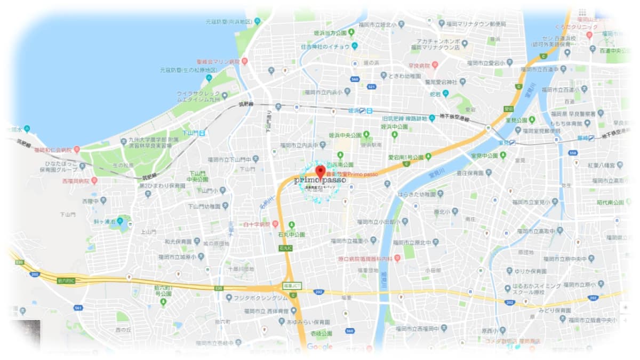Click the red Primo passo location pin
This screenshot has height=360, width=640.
click(320, 172)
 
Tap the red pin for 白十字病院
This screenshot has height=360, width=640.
click(276, 224)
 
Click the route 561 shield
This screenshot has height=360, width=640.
click(78, 308)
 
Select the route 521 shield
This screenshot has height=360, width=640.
click(372, 86)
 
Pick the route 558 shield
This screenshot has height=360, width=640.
click(573, 153)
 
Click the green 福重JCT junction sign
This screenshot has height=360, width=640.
click(293, 286)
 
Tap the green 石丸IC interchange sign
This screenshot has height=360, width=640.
click(285, 248)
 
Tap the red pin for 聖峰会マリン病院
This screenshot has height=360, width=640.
click(245, 61)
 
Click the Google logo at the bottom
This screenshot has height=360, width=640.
click(319, 347)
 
